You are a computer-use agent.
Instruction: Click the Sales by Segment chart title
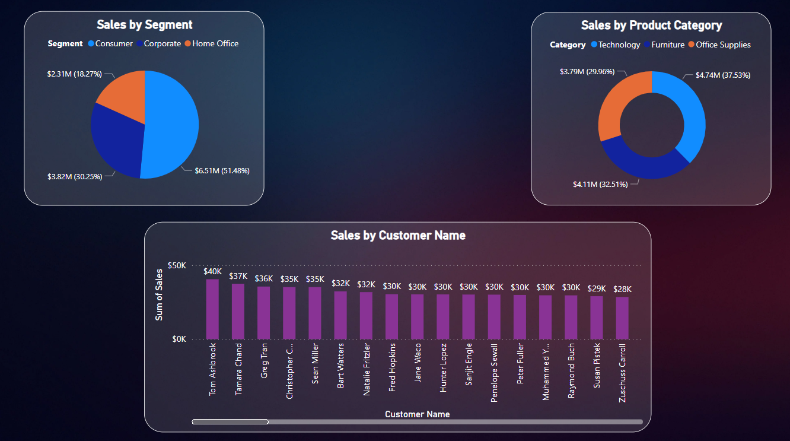coord(144,25)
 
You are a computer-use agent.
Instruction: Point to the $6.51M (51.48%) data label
coord(222,171)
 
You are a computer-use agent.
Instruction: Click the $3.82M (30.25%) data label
coord(74,177)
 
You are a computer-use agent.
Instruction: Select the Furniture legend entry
coord(668,45)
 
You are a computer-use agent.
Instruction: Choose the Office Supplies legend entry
coord(723,45)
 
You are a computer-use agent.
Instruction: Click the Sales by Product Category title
coord(651,26)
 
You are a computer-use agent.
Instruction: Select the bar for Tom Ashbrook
coord(212,309)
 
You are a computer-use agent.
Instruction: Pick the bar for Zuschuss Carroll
coord(622,318)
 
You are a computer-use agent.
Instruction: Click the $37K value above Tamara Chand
coord(238,277)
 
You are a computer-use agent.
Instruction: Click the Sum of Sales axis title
coord(159,295)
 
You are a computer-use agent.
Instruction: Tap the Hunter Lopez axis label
coord(444,367)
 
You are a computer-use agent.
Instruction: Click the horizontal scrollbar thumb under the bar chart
coord(230,422)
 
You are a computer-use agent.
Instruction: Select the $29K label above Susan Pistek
coord(596,289)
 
